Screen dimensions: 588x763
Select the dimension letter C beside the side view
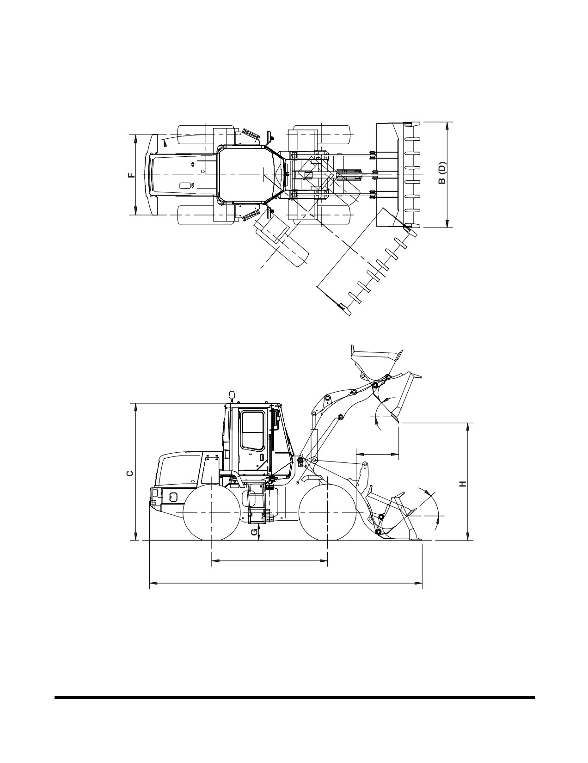point(130,474)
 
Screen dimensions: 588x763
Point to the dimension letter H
point(463,484)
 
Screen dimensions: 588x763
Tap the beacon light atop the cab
point(231,396)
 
